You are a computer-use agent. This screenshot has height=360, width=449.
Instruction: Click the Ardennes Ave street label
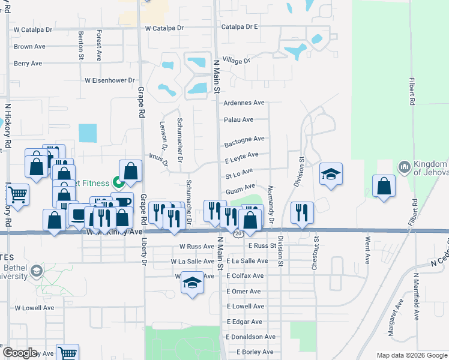pyautogui.click(x=244, y=103)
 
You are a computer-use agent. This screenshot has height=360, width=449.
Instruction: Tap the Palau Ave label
pyautogui.click(x=236, y=120)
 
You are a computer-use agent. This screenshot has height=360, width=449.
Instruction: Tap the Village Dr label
pyautogui.click(x=235, y=61)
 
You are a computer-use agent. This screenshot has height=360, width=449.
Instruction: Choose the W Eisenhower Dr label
pyautogui.click(x=110, y=80)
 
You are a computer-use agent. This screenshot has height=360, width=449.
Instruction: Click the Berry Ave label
pyautogui.click(x=28, y=63)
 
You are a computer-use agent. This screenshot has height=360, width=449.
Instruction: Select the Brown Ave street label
pyautogui.click(x=29, y=46)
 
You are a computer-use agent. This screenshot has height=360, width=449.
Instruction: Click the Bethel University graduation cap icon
pyautogui.click(x=37, y=271)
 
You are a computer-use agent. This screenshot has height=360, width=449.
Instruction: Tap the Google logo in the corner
pyautogui.click(x=19, y=353)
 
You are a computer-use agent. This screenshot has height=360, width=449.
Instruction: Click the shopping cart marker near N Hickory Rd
pyautogui.click(x=17, y=195)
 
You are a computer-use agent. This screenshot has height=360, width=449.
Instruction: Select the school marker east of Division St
pyautogui.click(x=330, y=175)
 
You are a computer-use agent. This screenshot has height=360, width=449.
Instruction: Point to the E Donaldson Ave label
pyautogui.click(x=251, y=337)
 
